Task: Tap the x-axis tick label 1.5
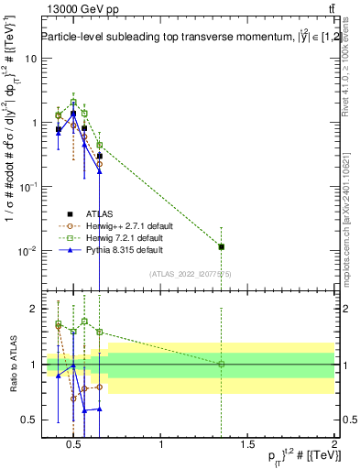click(247, 446)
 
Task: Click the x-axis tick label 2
click(333, 446)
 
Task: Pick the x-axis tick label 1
click(161, 446)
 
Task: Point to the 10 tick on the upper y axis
click(30, 58)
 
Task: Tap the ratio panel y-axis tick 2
click(32, 309)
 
